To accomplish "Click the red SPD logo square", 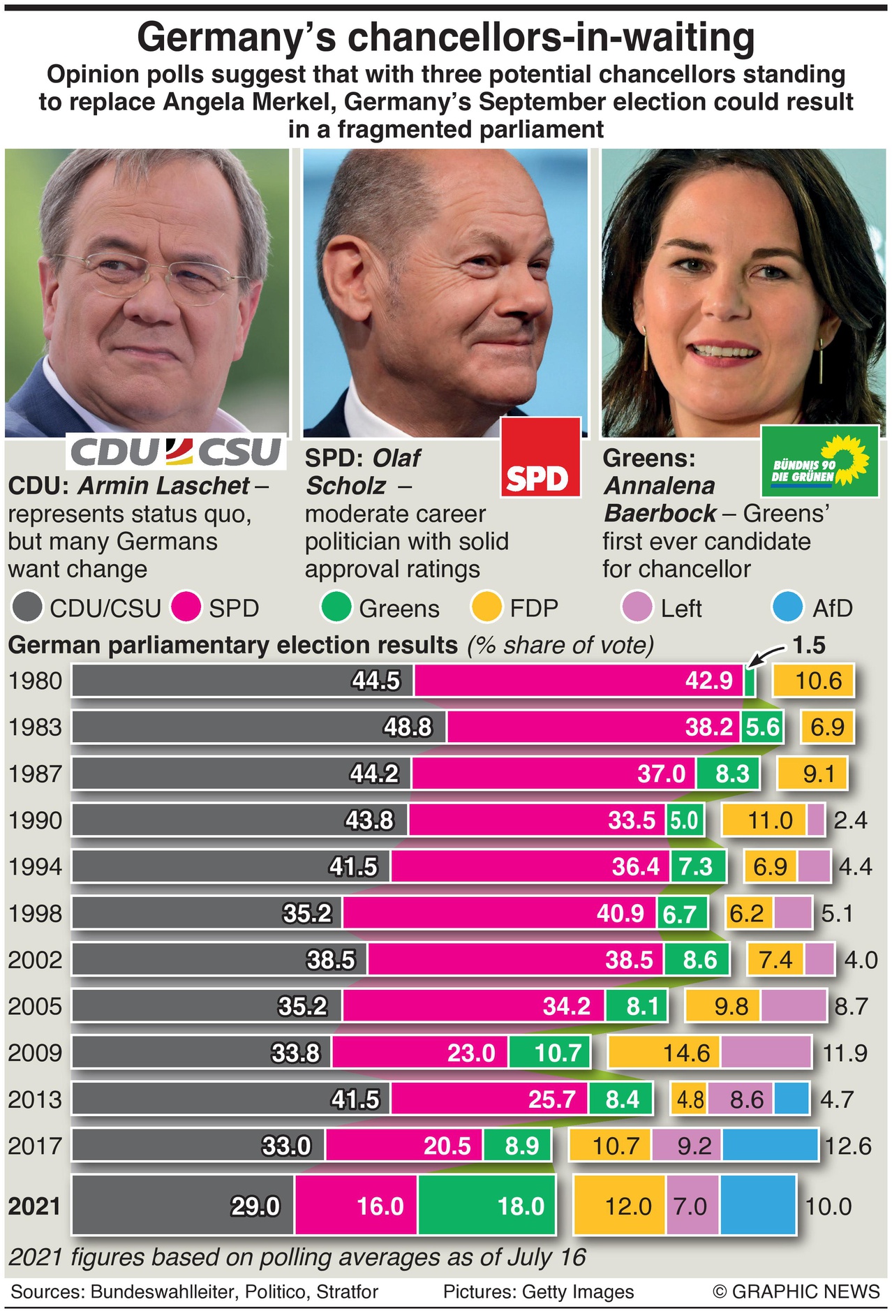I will pos(541,457).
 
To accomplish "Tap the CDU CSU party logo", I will pos(177,452).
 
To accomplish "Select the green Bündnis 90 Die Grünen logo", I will pos(819,461).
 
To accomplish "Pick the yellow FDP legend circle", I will pos(486,607).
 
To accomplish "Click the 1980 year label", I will pos(35,681).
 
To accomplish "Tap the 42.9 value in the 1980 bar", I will pos(708,681).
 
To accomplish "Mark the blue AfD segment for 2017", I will pos(770,1146).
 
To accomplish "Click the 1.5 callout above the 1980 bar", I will pos(809,645).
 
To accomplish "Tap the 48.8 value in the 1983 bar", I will pos(408,727).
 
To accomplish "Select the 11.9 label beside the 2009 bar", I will pos(845,1053).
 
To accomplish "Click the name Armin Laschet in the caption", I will pos(163,486).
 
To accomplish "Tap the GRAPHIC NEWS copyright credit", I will pos(796,1291).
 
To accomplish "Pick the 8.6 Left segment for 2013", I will pos(745,1099).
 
